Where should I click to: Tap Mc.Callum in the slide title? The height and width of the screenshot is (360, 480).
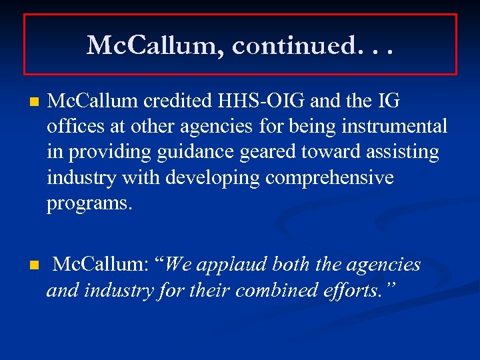click(156, 46)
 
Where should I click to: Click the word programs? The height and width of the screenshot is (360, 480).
click(90, 204)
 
